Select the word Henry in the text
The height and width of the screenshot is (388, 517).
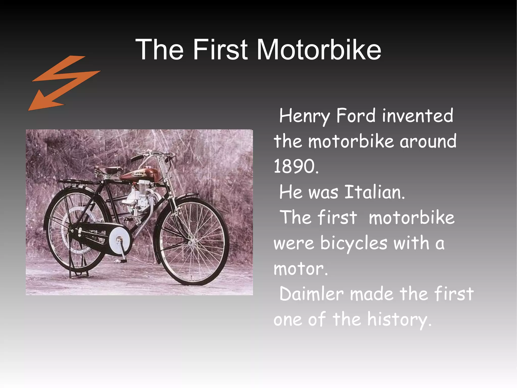click(304, 116)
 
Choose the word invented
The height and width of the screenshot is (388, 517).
click(418, 116)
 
